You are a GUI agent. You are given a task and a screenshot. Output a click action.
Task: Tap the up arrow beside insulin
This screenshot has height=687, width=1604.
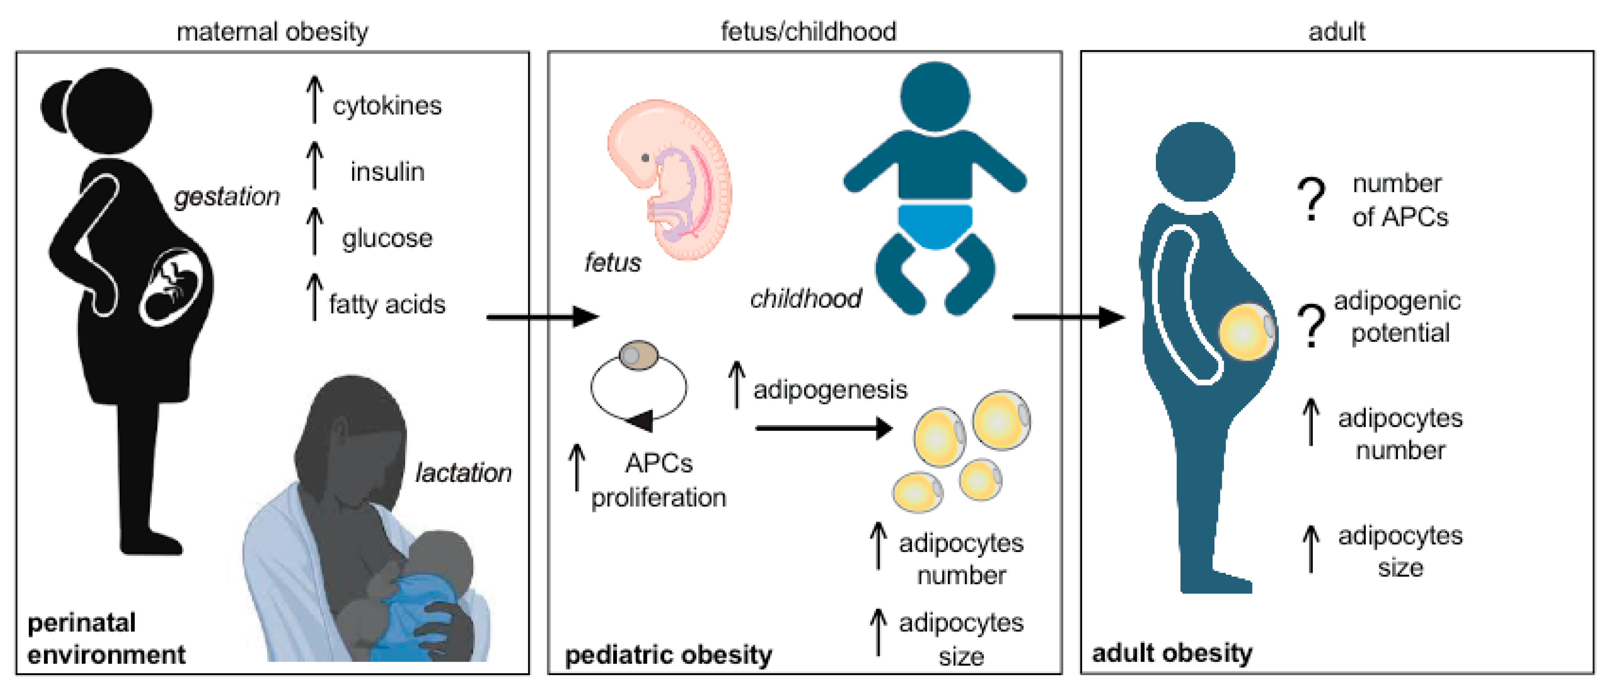[x=315, y=165]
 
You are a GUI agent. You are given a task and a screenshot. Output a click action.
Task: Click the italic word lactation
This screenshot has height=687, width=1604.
[x=463, y=473]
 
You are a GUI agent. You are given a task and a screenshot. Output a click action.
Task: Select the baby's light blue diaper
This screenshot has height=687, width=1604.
[x=935, y=224]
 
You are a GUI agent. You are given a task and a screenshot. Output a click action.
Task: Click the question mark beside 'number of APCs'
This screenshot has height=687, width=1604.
[x=1311, y=199]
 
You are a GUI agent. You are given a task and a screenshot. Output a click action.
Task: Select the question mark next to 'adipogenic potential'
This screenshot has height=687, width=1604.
[x=1311, y=325]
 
